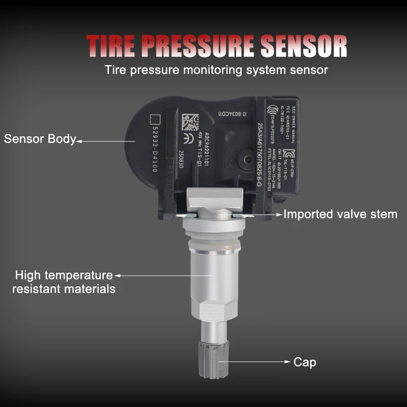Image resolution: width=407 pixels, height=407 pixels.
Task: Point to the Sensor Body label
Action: pos(40,138)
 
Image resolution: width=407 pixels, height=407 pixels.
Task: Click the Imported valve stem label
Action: pos(340,214)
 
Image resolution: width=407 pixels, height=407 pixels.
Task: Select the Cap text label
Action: pos(305,362)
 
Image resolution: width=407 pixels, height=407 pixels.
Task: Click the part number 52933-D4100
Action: pos(154,150)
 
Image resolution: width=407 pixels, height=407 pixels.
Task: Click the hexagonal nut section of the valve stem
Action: pos(212,315)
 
